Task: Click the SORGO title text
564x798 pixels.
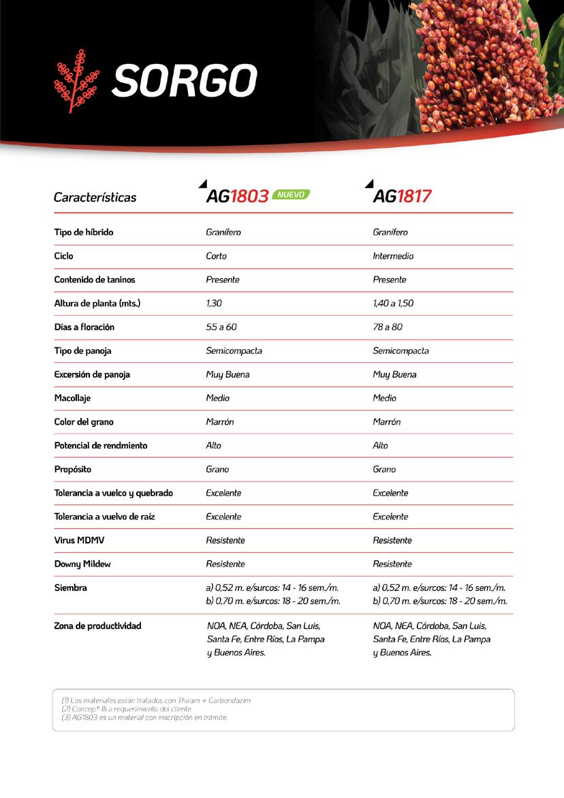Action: pos(184,81)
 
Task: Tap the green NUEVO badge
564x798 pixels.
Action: pos(291,195)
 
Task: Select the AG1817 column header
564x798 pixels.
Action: pos(402,197)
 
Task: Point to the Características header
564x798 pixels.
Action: pos(95,197)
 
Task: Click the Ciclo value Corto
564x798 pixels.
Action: pos(216,256)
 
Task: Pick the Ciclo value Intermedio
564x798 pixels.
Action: pos(393,256)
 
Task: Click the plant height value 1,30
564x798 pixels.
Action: pos(214,304)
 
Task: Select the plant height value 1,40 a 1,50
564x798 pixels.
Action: pos(393,304)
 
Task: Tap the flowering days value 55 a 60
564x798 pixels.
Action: pos(221,328)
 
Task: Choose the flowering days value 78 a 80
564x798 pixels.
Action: pos(388,328)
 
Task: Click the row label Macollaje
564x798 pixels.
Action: pos(72,398)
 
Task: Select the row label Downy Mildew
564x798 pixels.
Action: pos(82,564)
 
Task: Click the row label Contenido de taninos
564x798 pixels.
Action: pos(95,280)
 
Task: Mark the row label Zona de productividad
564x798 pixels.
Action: pos(97,626)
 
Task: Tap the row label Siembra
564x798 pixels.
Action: pos(71,588)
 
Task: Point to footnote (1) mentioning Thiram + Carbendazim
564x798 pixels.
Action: pos(151,701)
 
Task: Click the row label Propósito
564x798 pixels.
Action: pos(73,470)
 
